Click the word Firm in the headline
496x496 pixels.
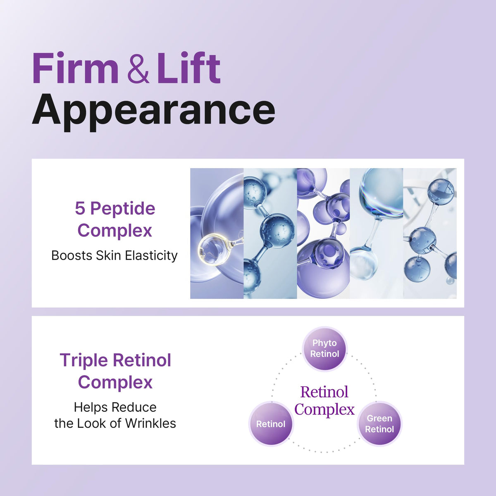click(75, 68)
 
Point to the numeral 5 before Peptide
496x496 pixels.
click(80, 208)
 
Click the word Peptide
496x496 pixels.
click(123, 210)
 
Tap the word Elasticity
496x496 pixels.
click(151, 256)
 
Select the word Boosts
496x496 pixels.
click(72, 255)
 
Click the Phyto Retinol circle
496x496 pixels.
click(325, 349)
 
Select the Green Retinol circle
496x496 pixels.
click(379, 424)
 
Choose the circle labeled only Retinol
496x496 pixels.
click(271, 424)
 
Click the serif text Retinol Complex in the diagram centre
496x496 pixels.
click(324, 401)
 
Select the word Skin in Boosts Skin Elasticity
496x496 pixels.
click(108, 255)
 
